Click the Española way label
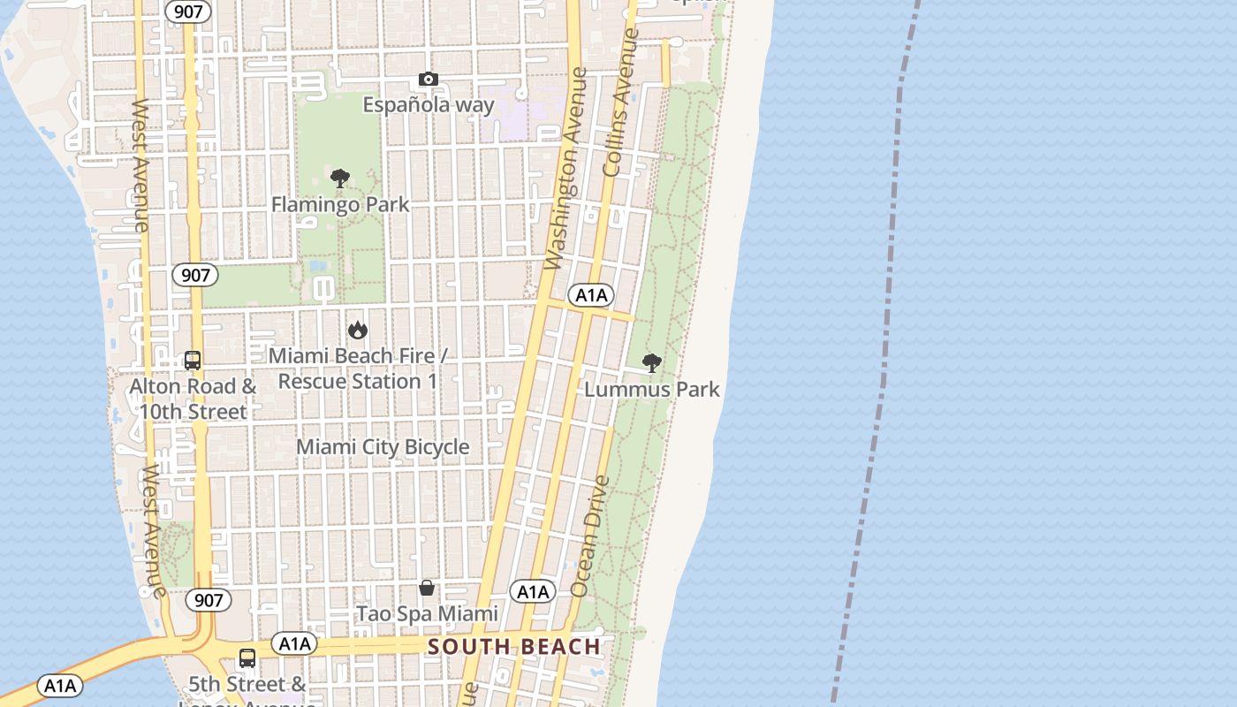[429, 104]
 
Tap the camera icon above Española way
[429, 80]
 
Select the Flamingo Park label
[340, 205]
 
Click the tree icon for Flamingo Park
[340, 179]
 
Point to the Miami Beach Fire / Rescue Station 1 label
[358, 369]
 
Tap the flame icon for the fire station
[358, 330]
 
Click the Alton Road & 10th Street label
[193, 399]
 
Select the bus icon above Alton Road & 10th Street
[193, 361]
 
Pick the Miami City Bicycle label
[383, 447]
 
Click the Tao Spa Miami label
[427, 613]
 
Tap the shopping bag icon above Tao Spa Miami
[427, 588]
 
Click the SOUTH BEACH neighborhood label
[514, 647]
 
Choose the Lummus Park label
[652, 389]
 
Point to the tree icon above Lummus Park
[652, 362]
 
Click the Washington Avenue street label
[566, 168]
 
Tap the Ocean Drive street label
[590, 536]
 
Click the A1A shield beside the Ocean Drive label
[533, 591]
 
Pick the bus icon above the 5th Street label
[247, 658]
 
